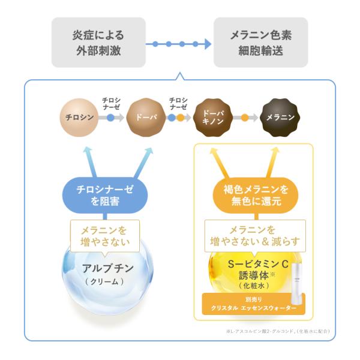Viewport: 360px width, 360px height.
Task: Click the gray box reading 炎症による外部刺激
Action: pyautogui.click(x=99, y=43)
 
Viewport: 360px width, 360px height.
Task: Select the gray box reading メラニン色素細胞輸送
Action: pyautogui.click(x=261, y=43)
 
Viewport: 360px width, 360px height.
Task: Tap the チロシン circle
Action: pyautogui.click(x=79, y=117)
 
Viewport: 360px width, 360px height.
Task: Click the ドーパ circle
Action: pyautogui.click(x=146, y=117)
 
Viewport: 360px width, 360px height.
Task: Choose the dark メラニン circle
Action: pyautogui.click(x=280, y=117)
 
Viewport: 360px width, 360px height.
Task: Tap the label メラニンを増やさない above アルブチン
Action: pyautogui.click(x=105, y=236)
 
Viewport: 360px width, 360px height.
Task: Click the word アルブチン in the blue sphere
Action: pyautogui.click(x=107, y=268)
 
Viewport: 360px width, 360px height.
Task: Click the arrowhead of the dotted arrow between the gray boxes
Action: pyautogui.click(x=207, y=44)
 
